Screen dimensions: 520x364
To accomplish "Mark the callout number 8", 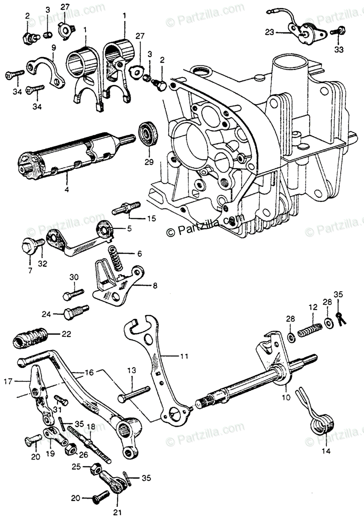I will pos(142,286).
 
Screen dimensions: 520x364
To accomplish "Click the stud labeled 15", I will pos(126,208).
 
